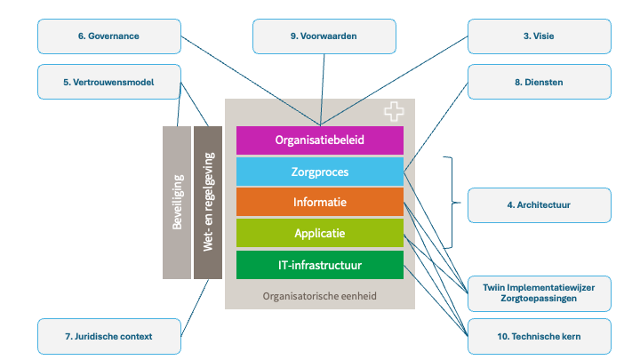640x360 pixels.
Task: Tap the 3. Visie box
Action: [x=540, y=36]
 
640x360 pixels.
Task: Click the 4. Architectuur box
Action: [x=540, y=204]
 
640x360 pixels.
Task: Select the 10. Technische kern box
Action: [x=540, y=336]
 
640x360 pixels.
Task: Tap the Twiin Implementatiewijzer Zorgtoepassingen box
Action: [x=540, y=292]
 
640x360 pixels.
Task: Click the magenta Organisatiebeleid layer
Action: [x=320, y=140]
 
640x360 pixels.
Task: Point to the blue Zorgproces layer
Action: [x=320, y=172]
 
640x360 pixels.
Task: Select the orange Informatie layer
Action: [x=320, y=203]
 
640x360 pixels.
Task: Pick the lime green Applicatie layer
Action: [x=320, y=234]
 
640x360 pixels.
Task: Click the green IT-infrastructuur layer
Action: [x=320, y=265]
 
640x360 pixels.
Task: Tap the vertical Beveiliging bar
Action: [x=177, y=203]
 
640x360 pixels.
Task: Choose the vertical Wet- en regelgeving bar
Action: [x=207, y=203]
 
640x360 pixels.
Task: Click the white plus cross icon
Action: [x=394, y=112]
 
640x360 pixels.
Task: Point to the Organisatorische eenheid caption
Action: [x=320, y=296]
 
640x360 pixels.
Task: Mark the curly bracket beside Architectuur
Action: [x=451, y=204]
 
